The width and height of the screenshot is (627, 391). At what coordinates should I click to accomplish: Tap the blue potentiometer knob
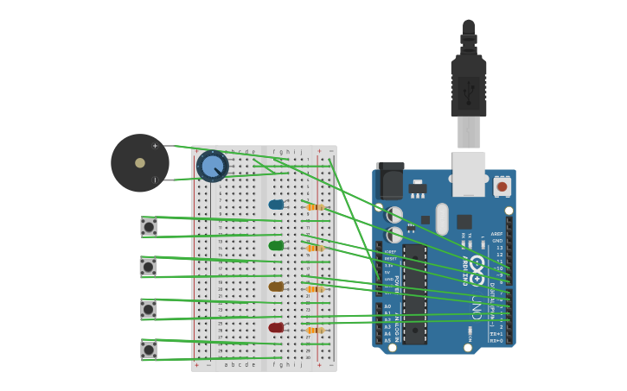pos(213,166)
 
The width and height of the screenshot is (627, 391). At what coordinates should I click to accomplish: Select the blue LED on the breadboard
pos(276,205)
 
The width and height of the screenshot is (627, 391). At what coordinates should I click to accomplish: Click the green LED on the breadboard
pos(276,246)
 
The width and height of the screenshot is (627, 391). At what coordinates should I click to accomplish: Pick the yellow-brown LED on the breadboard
pos(276,287)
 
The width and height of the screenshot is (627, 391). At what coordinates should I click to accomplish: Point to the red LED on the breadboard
pos(276,328)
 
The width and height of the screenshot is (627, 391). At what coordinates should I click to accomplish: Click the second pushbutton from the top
pos(149,268)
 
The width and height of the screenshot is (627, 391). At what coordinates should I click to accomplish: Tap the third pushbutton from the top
pos(149,309)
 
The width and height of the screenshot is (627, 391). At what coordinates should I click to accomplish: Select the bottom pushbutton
pos(149,350)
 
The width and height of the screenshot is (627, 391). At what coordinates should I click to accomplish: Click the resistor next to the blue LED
pos(315,207)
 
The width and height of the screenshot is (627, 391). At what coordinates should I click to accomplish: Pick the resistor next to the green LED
pos(315,248)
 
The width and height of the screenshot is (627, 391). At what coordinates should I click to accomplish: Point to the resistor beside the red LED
pos(315,330)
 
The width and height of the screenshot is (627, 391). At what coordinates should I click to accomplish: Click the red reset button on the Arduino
pos(502,186)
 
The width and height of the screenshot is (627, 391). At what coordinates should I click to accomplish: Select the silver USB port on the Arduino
pos(469,173)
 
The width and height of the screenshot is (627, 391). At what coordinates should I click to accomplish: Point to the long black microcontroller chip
pos(415,293)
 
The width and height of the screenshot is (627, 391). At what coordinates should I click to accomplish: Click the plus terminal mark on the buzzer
pos(156,146)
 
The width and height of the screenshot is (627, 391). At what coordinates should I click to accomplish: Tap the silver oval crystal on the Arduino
pos(442,218)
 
